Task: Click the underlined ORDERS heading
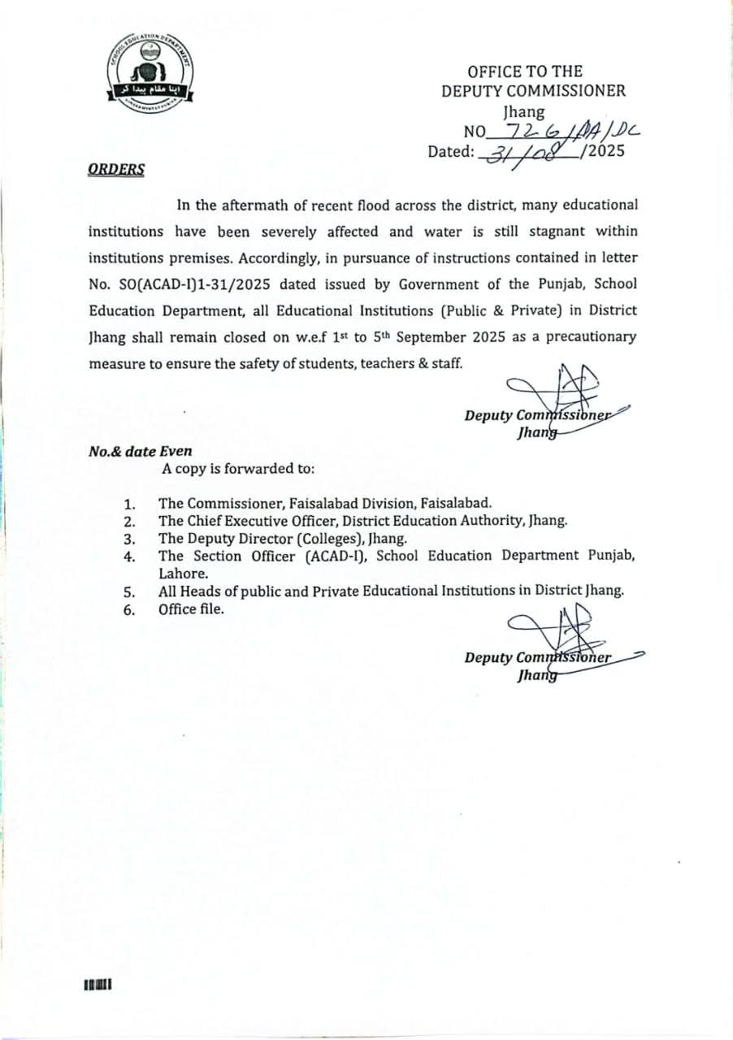click(x=116, y=170)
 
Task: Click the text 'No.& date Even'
click(x=141, y=452)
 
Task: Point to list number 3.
click(x=128, y=539)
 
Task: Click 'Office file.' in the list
click(x=191, y=609)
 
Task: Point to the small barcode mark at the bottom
click(x=97, y=986)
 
